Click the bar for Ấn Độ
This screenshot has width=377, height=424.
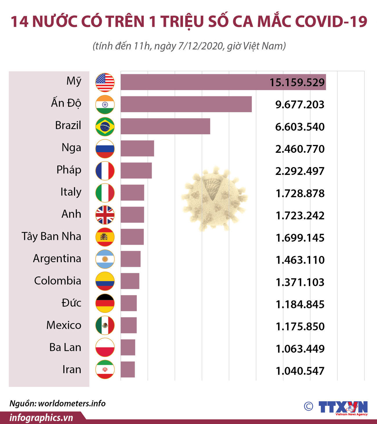pos(186,104)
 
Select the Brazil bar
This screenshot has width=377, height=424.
pos(165,126)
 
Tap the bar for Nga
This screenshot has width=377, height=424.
pos(137,148)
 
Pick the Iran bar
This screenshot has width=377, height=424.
pos(128,369)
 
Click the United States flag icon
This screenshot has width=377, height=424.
pos(105,82)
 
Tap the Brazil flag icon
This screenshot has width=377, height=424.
pos(105,127)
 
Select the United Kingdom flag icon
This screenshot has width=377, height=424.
pos(105,215)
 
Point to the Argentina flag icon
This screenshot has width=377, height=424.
pos(105,259)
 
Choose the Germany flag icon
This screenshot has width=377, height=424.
pos(105,303)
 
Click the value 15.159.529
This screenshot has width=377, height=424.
pos(297,83)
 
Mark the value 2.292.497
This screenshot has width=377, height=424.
pos(300,171)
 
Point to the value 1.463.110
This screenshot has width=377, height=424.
pos(300,260)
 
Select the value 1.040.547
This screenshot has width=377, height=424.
pos(300,371)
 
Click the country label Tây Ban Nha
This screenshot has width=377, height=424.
pos(51,237)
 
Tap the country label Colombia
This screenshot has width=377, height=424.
pos(57,281)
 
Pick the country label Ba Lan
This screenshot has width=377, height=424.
pos(65,347)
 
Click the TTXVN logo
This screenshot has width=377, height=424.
pos(343,407)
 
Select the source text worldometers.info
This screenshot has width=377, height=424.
pos(72,403)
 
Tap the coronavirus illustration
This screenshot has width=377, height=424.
pos(214,199)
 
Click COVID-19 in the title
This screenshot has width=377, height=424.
pos(331,22)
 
